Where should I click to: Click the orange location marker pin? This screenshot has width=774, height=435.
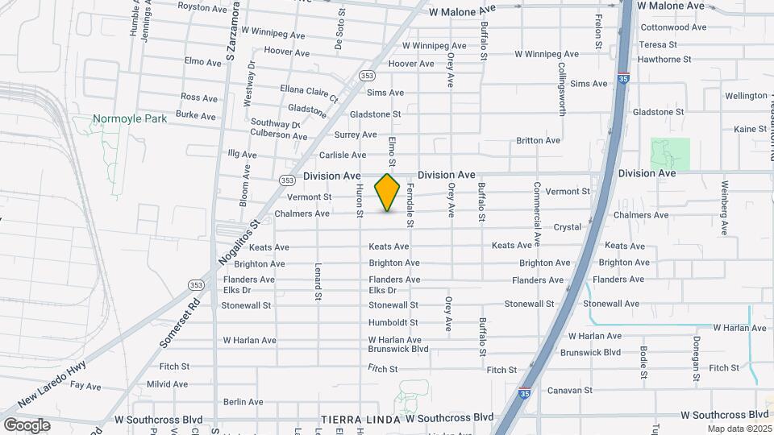pos(388,192)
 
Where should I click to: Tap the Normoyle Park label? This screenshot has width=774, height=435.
pos(129,118)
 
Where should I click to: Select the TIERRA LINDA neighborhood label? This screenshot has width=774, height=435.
pos(361,419)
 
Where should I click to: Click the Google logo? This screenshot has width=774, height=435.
pos(27,425)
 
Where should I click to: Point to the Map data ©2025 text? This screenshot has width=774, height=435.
pos(740,429)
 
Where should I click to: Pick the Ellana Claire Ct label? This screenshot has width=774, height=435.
pos(310,93)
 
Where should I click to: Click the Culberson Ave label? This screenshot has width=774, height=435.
pos(278,135)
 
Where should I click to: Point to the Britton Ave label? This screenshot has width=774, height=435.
pos(538,140)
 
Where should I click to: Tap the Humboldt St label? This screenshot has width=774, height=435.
pos(393,322)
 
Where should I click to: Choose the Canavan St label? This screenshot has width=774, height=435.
pos(570,390)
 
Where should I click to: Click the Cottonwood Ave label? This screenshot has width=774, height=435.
pos(673,27)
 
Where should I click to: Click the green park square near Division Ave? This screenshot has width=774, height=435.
pos(670,154)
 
